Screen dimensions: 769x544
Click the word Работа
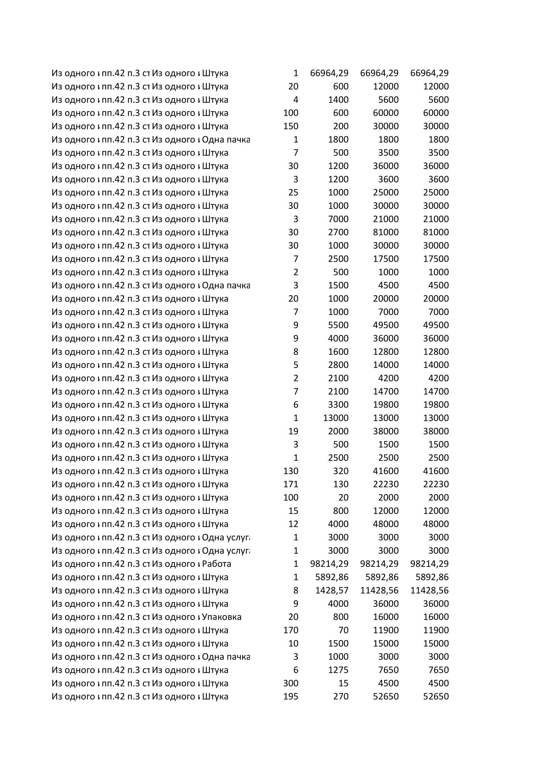[216, 564]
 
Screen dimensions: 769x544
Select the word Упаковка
[221, 616]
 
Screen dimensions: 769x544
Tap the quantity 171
[290, 484]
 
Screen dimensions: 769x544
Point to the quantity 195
[290, 696]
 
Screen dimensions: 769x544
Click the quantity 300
[290, 683]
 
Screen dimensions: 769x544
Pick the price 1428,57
[332, 590]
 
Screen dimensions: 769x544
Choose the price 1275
[338, 670]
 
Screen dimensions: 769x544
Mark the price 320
[341, 471]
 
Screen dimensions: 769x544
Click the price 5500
[338, 325]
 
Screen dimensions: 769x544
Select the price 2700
[338, 232]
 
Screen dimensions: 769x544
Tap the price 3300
[338, 405]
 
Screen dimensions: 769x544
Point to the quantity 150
[290, 126]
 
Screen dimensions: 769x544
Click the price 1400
[338, 100]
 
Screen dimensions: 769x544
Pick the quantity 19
[293, 431]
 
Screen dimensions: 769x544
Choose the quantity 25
[293, 192]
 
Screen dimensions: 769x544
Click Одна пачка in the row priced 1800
[226, 139]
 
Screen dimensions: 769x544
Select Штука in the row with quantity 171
[215, 484]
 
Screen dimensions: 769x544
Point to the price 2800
[338, 365]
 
